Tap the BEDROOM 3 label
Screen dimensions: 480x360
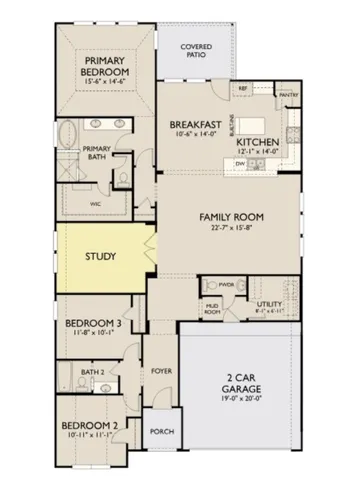[x=93, y=324]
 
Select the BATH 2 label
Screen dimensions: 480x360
[x=93, y=372]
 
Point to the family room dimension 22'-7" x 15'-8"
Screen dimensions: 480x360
[x=236, y=230]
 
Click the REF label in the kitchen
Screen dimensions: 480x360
[x=242, y=89]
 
